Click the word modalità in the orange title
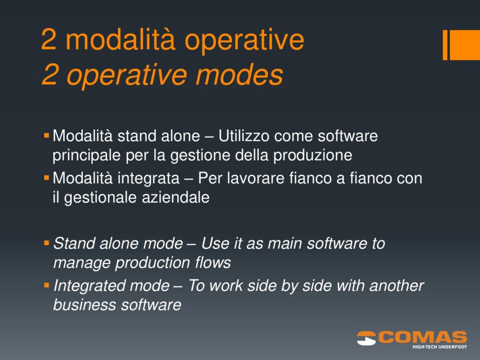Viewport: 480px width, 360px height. (x=120, y=39)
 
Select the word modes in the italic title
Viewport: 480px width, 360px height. (x=239, y=75)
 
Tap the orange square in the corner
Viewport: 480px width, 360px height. (x=465, y=45)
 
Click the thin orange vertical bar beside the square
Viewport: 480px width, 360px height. (x=445, y=45)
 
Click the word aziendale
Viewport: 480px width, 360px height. (x=176, y=197)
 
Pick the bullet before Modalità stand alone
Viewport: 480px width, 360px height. (x=46, y=135)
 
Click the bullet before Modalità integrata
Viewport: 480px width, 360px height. (x=46, y=178)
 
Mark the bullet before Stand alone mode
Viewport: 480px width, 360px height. (x=46, y=243)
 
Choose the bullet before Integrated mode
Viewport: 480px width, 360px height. (x=46, y=285)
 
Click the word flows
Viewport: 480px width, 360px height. (x=213, y=262)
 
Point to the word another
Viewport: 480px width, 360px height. (x=397, y=285)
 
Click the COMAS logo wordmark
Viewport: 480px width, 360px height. (x=423, y=337)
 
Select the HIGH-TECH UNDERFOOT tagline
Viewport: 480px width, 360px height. (x=440, y=347)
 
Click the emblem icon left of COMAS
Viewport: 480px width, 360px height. (x=367, y=338)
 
